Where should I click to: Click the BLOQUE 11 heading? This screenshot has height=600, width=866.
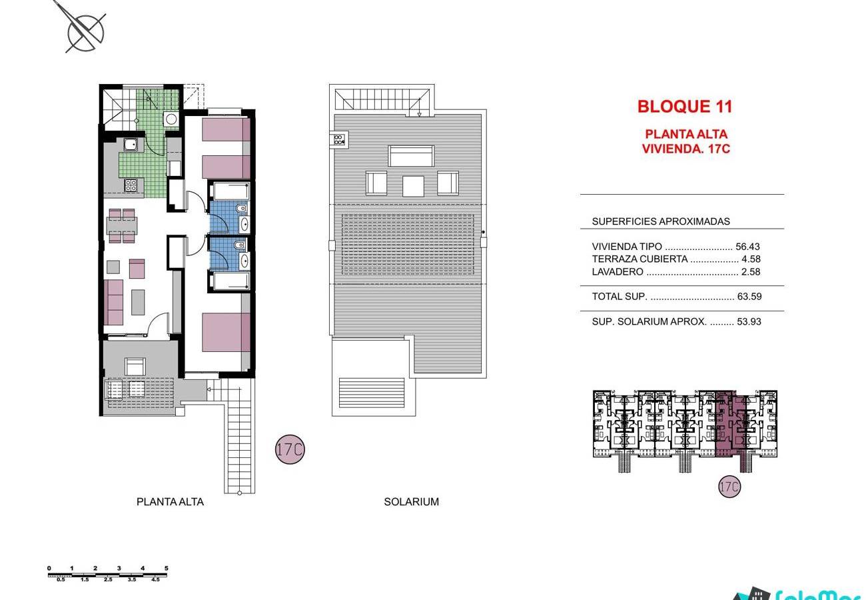(x=685, y=107)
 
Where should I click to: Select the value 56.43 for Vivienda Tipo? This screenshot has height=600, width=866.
(x=747, y=247)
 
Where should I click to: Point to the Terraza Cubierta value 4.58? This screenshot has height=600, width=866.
(x=751, y=259)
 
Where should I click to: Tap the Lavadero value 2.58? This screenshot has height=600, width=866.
(x=750, y=271)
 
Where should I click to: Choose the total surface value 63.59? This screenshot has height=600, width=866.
(x=749, y=296)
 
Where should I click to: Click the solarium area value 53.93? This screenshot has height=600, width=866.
(x=749, y=321)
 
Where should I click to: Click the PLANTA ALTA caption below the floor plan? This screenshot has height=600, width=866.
(x=170, y=502)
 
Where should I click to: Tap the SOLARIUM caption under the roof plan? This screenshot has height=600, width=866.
(x=412, y=502)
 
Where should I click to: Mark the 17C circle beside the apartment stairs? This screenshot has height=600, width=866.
(x=290, y=449)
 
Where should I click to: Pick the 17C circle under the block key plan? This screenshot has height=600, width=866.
(x=729, y=487)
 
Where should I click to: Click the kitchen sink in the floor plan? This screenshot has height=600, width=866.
(x=131, y=145)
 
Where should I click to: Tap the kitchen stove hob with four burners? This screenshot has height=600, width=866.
(x=131, y=185)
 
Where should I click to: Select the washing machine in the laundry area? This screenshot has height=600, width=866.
(x=171, y=119)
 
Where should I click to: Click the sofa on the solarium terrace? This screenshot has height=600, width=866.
(x=412, y=156)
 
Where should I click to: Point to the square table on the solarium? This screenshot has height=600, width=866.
(x=413, y=186)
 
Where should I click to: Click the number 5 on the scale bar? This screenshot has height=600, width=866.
(x=167, y=568)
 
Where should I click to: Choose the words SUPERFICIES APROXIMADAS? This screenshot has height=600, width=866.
(x=661, y=221)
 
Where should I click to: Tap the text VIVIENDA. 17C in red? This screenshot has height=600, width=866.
(x=686, y=149)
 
